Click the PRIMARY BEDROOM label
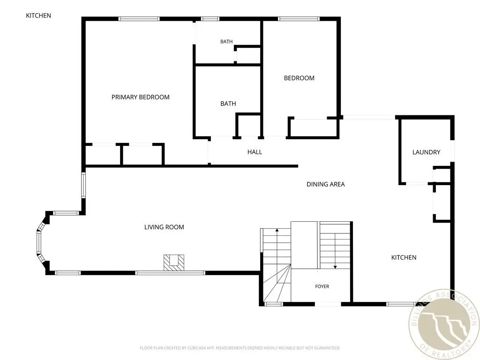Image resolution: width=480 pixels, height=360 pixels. pos(141,97)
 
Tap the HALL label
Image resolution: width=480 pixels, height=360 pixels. pos(255,152)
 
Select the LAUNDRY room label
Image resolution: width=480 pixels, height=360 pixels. pos(426,152)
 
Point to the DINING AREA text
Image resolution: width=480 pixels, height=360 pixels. pos(326,184)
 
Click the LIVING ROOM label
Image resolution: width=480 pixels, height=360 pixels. pos(164,227)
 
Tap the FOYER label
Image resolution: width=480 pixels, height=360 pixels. pos(322,286)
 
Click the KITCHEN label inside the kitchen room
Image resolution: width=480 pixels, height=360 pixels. pos(404,257)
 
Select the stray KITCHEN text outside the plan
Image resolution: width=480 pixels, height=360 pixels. pos(38,15)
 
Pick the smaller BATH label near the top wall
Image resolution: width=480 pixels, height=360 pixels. pos(226,42)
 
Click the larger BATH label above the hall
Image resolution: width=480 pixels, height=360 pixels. pos(228,104)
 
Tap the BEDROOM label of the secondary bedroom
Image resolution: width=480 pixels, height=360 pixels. pos(299,78)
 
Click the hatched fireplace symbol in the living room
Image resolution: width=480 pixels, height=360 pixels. pos(174,262)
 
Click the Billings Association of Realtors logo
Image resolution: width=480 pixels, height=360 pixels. pos(444,324)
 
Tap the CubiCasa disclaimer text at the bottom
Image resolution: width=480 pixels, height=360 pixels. pos(240,348)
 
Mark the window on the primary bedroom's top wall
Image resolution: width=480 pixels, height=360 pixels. pos(139,19)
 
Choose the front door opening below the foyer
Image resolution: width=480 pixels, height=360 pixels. pos(328,304)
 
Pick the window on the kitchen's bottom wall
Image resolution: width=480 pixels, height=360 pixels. pos(401,304)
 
